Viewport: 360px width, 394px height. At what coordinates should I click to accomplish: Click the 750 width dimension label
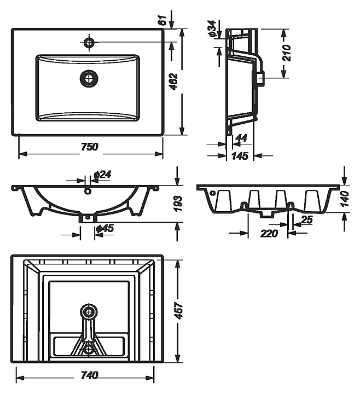click(89, 147)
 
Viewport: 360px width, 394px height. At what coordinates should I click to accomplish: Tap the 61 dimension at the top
click(162, 21)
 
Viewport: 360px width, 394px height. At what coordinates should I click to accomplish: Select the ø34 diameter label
click(212, 28)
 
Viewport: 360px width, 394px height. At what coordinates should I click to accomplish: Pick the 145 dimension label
click(240, 156)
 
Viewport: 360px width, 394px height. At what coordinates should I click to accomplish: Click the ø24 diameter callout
click(103, 175)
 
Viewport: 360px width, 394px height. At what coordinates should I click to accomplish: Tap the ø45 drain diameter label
click(104, 229)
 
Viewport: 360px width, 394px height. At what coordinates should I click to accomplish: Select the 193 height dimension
click(177, 204)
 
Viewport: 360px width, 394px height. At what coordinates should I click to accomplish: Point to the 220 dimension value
click(269, 234)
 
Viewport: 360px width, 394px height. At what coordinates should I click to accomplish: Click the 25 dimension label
click(306, 219)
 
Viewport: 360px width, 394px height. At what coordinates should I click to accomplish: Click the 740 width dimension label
click(89, 375)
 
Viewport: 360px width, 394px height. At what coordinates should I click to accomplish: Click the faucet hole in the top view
click(89, 42)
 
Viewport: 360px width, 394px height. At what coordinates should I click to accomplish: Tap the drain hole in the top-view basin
click(89, 79)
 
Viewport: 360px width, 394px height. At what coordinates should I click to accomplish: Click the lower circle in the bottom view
click(89, 347)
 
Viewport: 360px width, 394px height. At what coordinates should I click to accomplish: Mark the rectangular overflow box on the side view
click(259, 79)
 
